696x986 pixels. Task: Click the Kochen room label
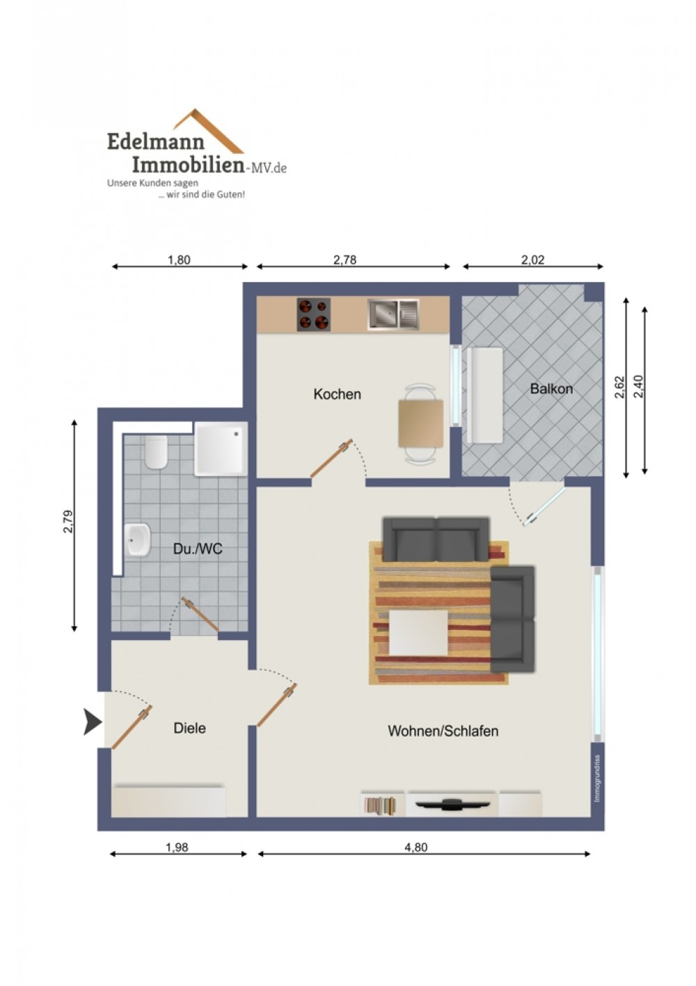coord(337,394)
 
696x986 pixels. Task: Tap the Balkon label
coord(551,389)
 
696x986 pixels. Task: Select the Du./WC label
coord(198,549)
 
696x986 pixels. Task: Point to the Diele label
coord(189,728)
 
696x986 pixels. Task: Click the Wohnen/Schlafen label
coord(443,731)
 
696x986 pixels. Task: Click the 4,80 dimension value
coord(416,847)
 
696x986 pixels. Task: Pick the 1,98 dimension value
coord(177,847)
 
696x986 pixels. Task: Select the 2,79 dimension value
coord(68,522)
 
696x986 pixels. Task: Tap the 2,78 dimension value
coord(345,260)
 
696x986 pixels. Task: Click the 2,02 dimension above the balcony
coord(532,260)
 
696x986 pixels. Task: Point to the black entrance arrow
coord(93,722)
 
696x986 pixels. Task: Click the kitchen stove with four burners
coord(313,314)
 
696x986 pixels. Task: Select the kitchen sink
coord(393,314)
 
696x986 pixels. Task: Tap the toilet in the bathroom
coord(156,453)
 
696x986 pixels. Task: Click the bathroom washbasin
coord(137,540)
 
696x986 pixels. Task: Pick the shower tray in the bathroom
coord(221,449)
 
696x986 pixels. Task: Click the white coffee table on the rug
coord(418,632)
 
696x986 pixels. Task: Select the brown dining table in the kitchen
coord(420,423)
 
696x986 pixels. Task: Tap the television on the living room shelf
coord(452,804)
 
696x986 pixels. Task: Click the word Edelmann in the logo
coord(156,142)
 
